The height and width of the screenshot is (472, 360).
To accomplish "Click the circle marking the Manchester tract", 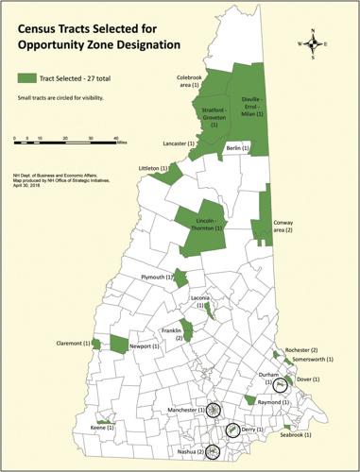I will [x=214, y=410].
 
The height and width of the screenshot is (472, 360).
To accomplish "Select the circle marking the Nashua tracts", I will [x=213, y=452].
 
